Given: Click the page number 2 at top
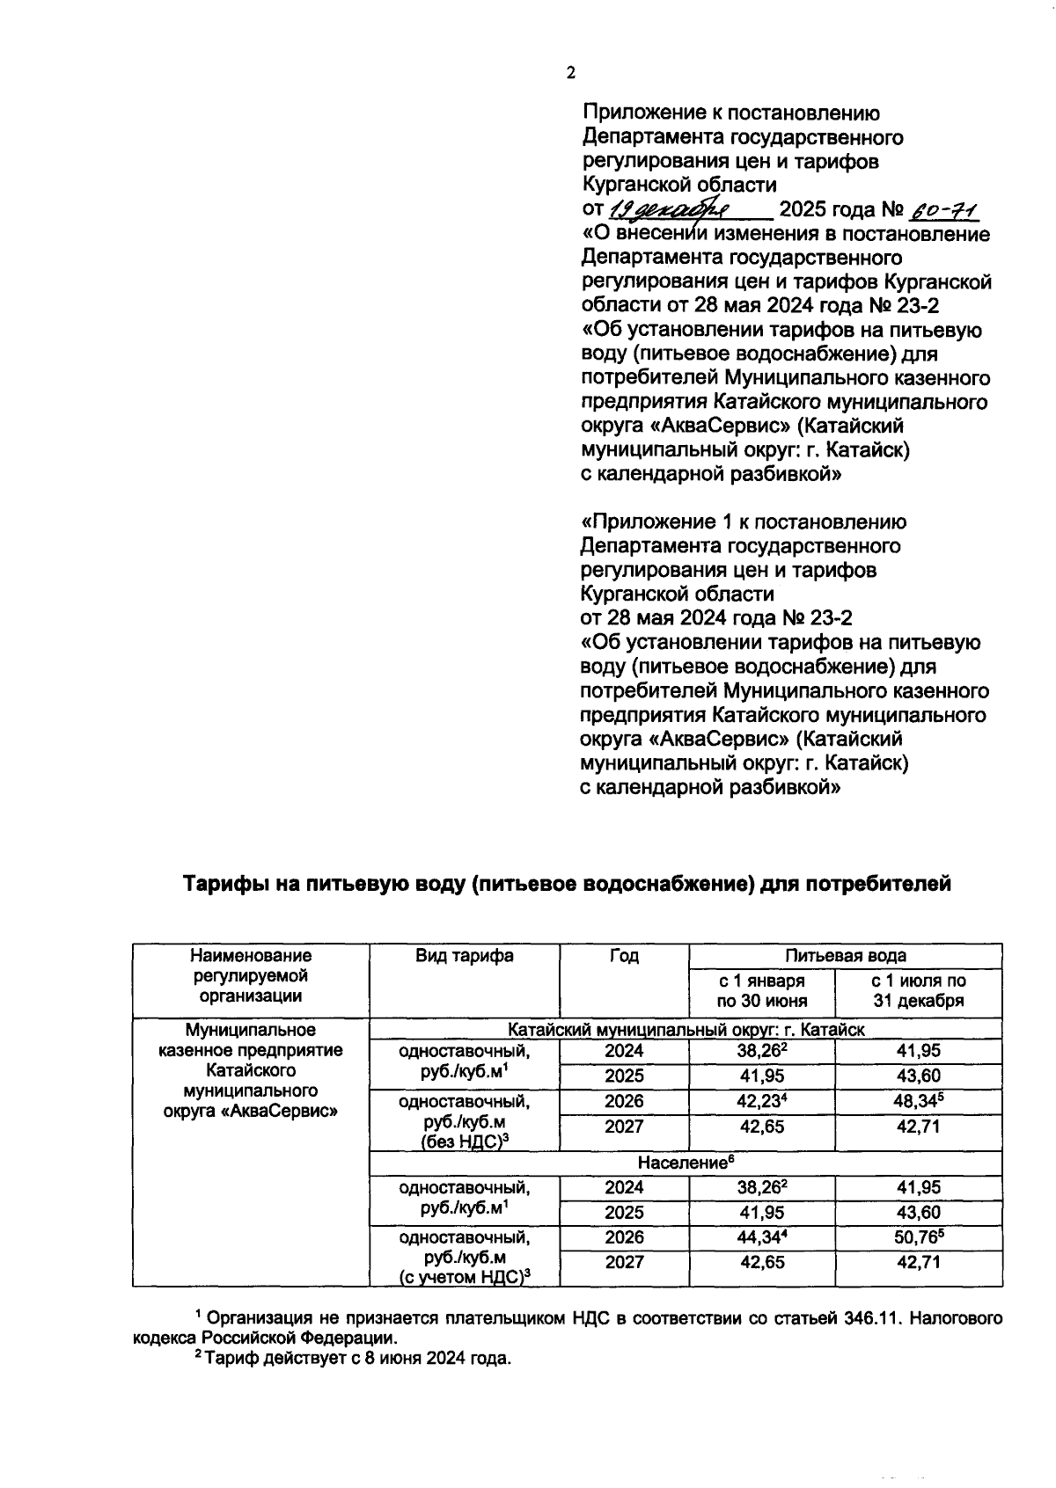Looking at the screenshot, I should [x=570, y=74].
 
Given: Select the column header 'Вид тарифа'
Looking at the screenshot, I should [x=464, y=956].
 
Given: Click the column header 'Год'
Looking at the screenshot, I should [x=624, y=956].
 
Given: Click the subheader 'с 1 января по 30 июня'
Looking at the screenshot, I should [x=761, y=990].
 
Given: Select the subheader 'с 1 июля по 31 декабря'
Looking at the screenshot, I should [x=918, y=990].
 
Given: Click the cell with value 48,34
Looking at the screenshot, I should [x=918, y=1101].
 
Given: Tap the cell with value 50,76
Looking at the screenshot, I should [x=918, y=1237].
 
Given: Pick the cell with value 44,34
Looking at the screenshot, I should [x=761, y=1237].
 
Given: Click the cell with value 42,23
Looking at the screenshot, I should [x=761, y=1101].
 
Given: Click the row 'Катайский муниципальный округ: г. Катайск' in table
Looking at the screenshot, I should [x=686, y=1029].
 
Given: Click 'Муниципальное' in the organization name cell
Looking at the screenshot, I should [x=250, y=1030].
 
